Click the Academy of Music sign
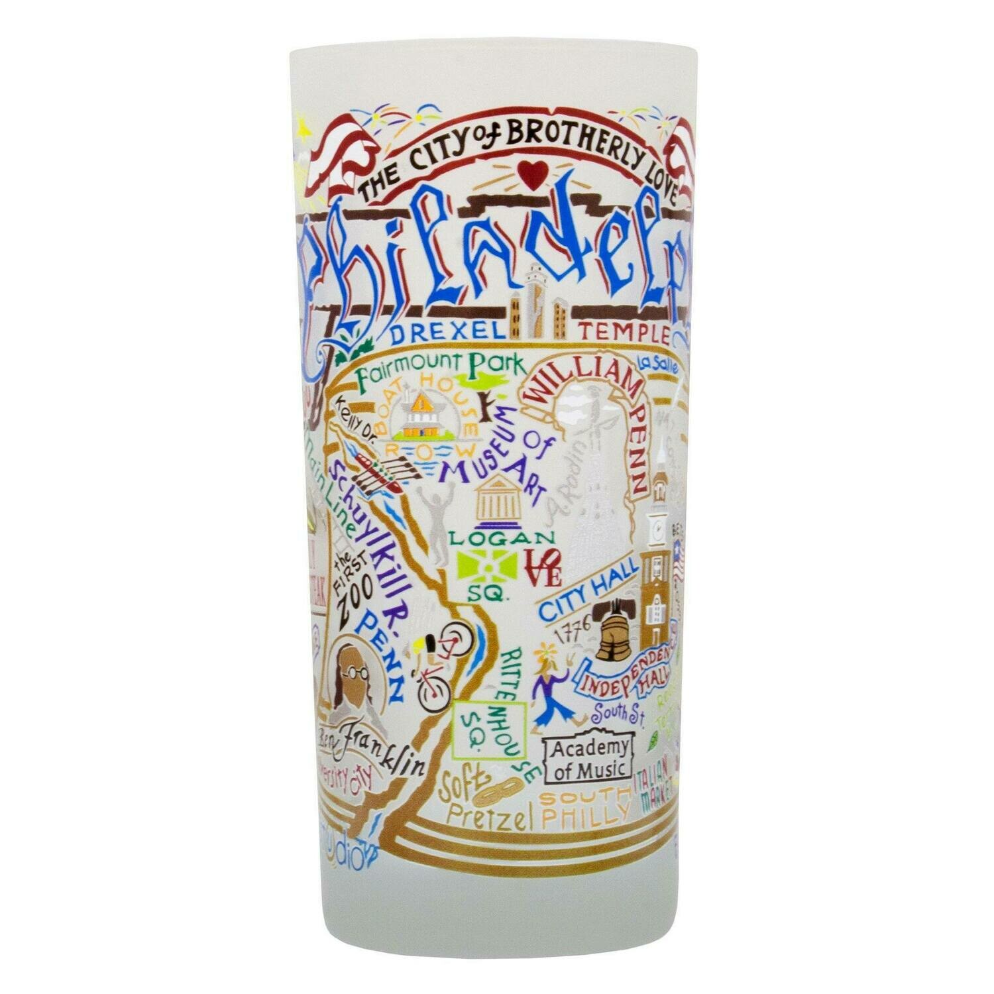pyautogui.click(x=585, y=759)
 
